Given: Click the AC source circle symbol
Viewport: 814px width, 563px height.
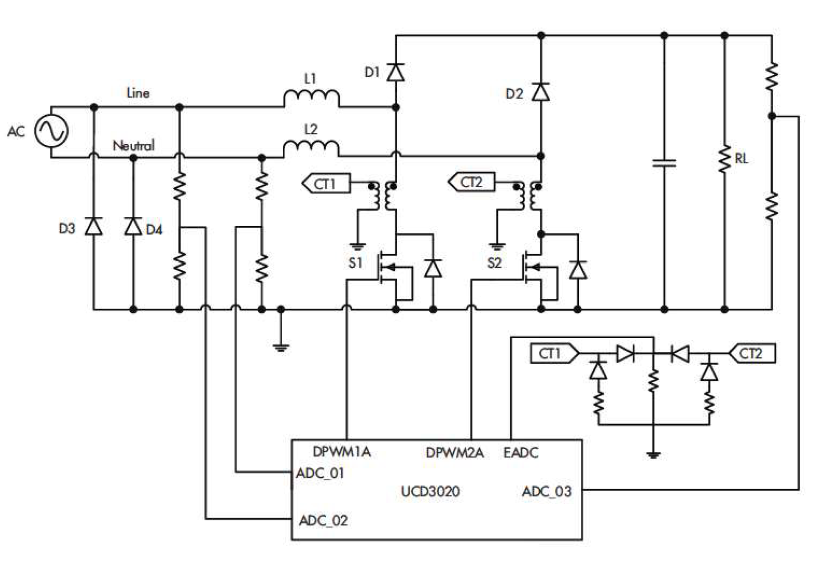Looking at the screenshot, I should click(51, 131).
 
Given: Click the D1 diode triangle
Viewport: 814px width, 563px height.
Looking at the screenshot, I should click(396, 73).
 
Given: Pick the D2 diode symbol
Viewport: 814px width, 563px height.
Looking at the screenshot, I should click(541, 92).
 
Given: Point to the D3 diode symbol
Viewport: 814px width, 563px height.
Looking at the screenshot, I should click(94, 227).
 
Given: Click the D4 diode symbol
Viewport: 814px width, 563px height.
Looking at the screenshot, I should click(133, 227).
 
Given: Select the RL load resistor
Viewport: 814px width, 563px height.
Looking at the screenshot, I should click(725, 159).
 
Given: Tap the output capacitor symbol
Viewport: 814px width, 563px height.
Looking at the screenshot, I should click(664, 163).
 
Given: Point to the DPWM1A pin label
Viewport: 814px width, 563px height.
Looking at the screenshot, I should click(342, 452).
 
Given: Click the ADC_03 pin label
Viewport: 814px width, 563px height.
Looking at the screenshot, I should click(546, 492).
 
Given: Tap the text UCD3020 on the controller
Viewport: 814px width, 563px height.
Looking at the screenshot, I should click(430, 492).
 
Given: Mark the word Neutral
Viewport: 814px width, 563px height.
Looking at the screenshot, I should click(134, 146).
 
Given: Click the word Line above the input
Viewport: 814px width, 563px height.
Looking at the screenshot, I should click(138, 93).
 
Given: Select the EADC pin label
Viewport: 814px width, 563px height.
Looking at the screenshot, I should click(521, 453).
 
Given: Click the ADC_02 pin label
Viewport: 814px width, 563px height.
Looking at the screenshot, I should click(323, 520).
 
